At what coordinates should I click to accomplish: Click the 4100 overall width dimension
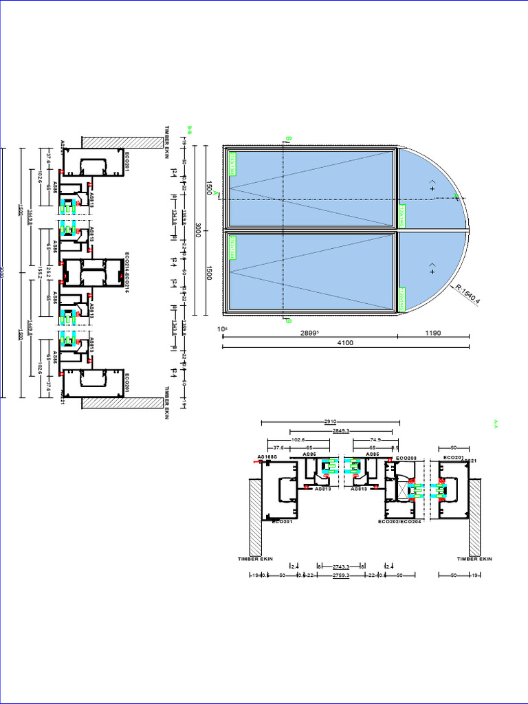click(345, 343)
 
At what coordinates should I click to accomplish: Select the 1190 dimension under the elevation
click(433, 333)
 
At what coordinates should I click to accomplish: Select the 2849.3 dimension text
click(341, 431)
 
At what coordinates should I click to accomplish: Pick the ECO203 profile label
click(406, 458)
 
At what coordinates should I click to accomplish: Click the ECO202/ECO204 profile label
click(399, 522)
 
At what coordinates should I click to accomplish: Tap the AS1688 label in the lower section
click(267, 457)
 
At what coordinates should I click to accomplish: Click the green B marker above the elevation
click(289, 140)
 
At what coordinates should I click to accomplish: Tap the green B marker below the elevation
click(288, 321)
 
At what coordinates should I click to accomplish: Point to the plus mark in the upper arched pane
click(432, 188)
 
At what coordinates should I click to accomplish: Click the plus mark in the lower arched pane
click(432, 272)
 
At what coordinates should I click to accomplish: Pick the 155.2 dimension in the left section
click(41, 272)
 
